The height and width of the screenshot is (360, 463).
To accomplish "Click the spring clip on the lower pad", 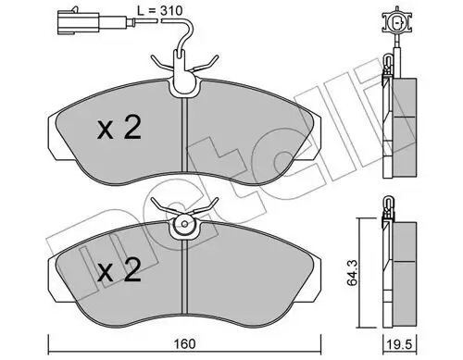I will (185, 213).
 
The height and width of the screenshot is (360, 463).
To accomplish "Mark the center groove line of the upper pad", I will (186, 139).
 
